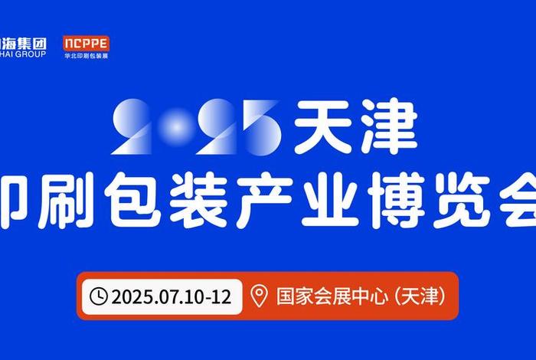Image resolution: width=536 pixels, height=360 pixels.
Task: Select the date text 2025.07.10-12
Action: pyautogui.click(x=171, y=296)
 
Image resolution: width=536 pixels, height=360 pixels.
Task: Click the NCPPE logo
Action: pyautogui.click(x=87, y=43)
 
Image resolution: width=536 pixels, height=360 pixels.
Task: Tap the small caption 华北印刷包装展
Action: pyautogui.click(x=87, y=56)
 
